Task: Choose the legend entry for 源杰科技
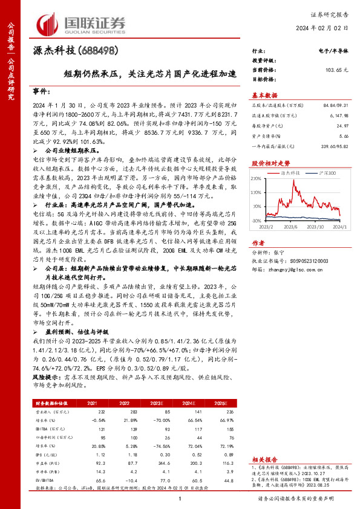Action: [292, 172]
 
